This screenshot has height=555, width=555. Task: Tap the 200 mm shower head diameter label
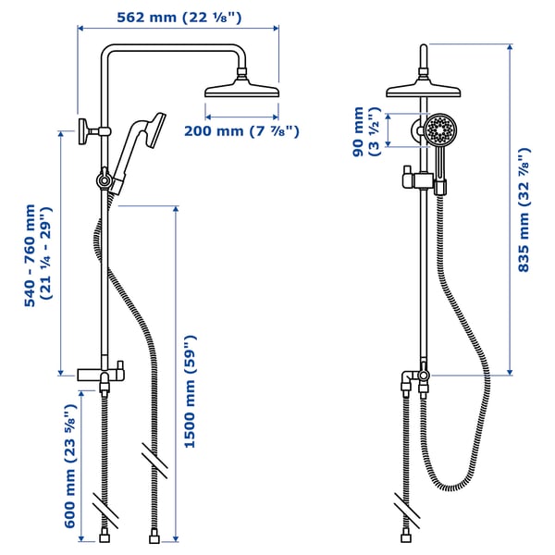click(x=241, y=131)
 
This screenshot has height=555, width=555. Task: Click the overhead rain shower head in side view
click(x=240, y=91)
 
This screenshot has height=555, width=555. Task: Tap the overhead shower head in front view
click(x=423, y=91)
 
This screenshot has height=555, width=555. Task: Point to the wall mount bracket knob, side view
click(x=84, y=129)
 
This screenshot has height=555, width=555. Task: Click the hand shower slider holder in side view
click(x=105, y=177)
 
